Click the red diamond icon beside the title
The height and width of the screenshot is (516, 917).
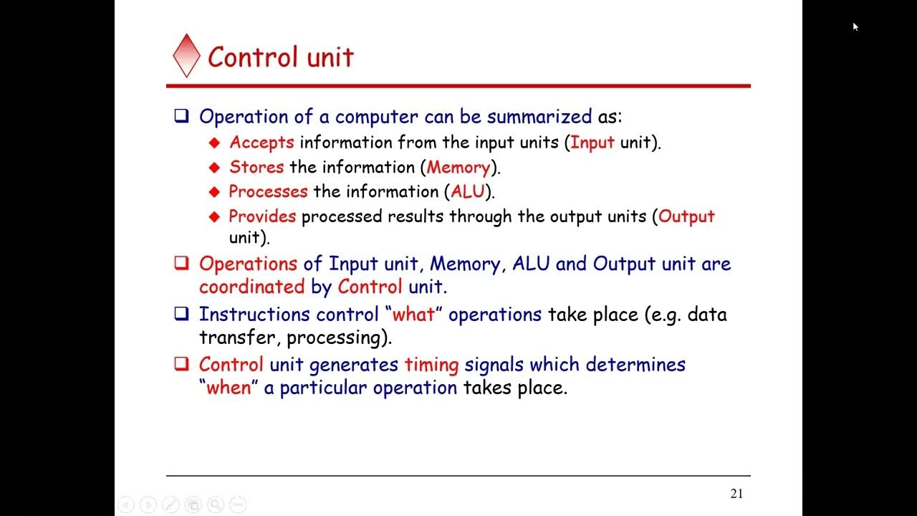[186, 56]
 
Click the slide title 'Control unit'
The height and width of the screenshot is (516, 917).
[281, 57]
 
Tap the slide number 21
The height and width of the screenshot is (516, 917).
[736, 493]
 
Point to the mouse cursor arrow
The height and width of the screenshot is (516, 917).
[855, 27]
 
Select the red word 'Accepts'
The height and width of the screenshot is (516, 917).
[261, 143]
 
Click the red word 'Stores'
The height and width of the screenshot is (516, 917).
[256, 168]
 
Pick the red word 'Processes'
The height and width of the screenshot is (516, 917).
[268, 192]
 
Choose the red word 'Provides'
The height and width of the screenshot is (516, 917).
[262, 216]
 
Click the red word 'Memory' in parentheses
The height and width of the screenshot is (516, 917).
[458, 168]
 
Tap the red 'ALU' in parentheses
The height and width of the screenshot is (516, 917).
[468, 192]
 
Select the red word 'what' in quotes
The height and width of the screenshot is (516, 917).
[413, 315]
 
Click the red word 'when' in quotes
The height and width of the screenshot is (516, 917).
[229, 388]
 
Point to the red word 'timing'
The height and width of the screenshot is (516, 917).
[431, 365]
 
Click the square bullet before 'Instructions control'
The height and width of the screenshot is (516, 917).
[182, 314]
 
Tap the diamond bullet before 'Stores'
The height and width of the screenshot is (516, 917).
[214, 168]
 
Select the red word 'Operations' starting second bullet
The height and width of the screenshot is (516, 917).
[248, 264]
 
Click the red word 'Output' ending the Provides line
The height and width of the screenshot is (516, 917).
[686, 216]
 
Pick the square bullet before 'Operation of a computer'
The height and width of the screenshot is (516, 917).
[182, 116]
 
